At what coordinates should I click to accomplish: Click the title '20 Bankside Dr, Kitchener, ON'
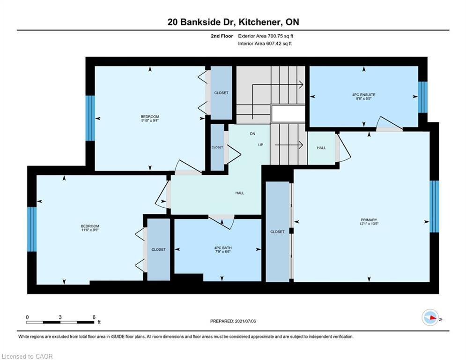[233, 22]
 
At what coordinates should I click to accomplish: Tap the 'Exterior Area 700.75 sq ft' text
[266, 36]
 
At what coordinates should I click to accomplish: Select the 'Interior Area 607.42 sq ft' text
[265, 44]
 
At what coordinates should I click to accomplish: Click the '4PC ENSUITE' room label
[363, 95]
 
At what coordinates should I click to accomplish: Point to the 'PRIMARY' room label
[369, 220]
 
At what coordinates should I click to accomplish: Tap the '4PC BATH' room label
[223, 248]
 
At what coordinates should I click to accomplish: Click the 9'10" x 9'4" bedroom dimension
[150, 120]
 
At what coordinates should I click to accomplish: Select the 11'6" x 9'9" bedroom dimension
[90, 230]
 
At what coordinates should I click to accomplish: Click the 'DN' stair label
[252, 134]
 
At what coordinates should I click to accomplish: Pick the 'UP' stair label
[261, 145]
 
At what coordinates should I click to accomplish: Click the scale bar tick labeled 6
[94, 317]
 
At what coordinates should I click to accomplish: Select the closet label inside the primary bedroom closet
[277, 232]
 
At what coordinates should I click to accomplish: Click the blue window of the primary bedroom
[434, 206]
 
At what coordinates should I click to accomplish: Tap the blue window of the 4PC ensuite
[422, 97]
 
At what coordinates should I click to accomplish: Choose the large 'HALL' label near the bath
[239, 193]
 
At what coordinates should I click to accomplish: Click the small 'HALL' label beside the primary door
[321, 148]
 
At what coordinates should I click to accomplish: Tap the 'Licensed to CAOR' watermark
[28, 357]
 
